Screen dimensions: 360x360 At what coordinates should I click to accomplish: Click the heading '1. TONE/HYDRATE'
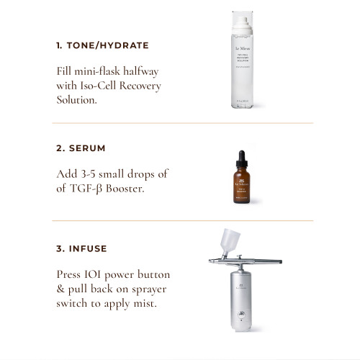click(x=102, y=45)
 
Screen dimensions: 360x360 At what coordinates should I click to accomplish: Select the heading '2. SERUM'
click(x=81, y=148)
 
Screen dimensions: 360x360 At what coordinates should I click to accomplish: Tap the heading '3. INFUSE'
click(x=83, y=248)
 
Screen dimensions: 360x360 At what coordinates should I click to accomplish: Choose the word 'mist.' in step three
click(x=140, y=303)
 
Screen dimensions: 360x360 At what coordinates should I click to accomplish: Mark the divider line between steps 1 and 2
click(x=180, y=123)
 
